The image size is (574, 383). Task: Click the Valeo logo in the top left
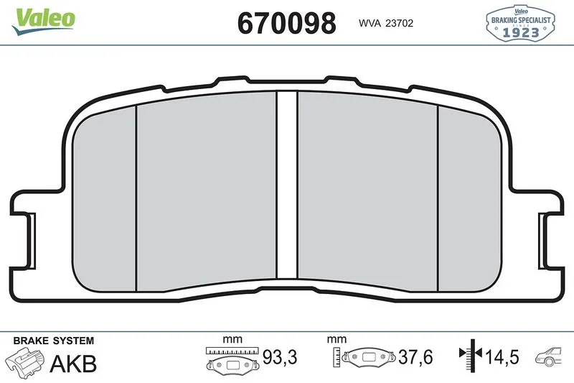[43, 22]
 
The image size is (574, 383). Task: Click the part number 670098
[286, 23]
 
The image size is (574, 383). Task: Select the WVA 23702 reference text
[386, 24]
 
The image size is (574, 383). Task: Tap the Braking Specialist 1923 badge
[520, 23]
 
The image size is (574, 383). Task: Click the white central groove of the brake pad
[287, 185]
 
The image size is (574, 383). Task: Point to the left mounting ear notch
[32, 241]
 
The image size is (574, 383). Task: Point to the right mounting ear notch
[542, 241]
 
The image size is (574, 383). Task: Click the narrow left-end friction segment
[104, 200]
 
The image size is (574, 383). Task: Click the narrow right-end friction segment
[470, 200]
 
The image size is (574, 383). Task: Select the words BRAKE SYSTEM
[54, 341]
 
